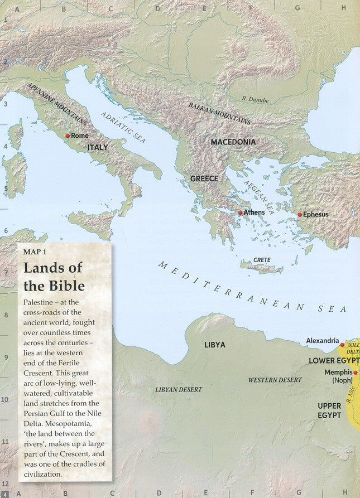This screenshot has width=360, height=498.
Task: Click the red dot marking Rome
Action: (x=68, y=136)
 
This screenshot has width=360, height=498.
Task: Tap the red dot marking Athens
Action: (x=240, y=212)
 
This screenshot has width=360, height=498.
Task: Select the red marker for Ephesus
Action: (x=299, y=215)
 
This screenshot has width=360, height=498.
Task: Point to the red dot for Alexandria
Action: (x=342, y=345)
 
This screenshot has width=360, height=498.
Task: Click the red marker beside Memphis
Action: (x=356, y=373)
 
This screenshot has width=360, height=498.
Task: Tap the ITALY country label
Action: (x=97, y=148)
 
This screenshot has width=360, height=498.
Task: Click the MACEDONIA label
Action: (x=233, y=142)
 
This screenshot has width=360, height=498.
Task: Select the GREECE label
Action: (x=204, y=179)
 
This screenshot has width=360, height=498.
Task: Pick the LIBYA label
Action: (x=214, y=345)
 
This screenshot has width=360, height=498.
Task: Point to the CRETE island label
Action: (x=262, y=260)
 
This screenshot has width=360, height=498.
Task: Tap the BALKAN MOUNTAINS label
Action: (x=219, y=113)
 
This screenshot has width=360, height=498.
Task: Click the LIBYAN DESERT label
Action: (x=179, y=389)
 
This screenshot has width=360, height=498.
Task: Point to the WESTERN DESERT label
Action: (x=275, y=380)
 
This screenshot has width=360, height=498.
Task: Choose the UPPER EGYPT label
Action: (x=329, y=410)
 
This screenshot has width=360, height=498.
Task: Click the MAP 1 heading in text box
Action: (x=35, y=252)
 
